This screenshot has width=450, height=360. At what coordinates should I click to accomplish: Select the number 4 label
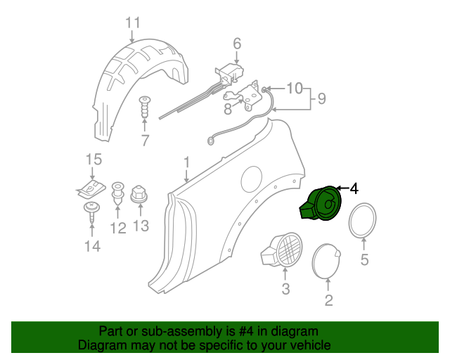tap(354, 188)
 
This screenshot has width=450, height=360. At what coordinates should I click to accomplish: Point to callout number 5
tap(364, 260)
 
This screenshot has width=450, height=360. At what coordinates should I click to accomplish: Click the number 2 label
tap(328, 302)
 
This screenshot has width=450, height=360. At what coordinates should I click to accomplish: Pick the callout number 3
tap(285, 289)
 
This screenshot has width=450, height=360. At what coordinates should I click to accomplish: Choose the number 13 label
tap(141, 226)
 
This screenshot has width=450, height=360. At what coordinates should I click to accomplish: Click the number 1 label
tap(186, 162)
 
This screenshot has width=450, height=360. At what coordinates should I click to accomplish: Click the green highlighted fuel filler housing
tap(324, 204)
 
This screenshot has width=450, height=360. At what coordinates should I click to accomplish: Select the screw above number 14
tap(91, 211)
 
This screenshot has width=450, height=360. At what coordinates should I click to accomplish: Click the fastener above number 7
tap(146, 108)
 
